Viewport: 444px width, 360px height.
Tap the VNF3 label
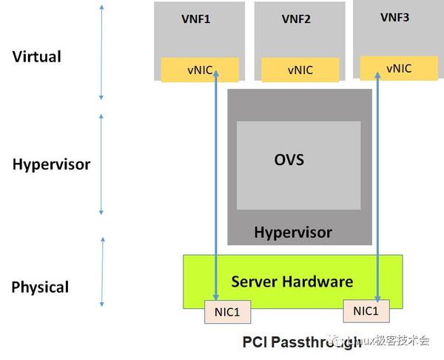[394, 17]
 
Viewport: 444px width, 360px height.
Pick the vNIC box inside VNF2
[300, 70]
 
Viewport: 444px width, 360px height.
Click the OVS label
[289, 160]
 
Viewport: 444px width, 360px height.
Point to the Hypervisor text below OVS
[293, 233]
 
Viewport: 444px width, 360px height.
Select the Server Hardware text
[292, 281]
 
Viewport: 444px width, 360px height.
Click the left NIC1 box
[227, 313]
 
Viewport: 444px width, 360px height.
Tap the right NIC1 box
[366, 311]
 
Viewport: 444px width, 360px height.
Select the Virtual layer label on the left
[37, 57]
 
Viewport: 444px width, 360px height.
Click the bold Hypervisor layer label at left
[51, 164]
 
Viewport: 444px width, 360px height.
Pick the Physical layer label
[40, 287]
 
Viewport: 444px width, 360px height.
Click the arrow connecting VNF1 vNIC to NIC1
[215, 185]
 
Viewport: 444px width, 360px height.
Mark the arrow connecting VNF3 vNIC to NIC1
[377, 185]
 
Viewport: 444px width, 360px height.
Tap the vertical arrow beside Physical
[102, 272]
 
